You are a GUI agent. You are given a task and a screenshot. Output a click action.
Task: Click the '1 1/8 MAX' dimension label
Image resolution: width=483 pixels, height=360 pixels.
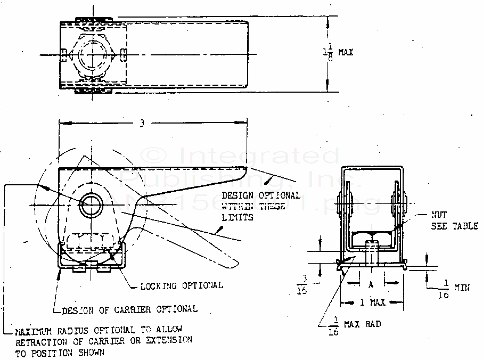[338, 53]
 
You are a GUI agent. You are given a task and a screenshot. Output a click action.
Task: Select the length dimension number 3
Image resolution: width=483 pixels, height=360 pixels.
[142, 124]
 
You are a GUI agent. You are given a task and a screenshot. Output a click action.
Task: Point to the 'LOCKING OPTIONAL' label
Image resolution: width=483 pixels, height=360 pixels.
[182, 285]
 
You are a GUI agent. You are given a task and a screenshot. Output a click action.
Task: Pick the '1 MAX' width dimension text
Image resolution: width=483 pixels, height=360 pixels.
[371, 302]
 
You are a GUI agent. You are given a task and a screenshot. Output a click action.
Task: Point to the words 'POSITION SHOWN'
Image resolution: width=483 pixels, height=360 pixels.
[66, 352]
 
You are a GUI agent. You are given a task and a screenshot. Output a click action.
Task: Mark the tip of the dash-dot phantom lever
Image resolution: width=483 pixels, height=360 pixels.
[234, 265]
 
